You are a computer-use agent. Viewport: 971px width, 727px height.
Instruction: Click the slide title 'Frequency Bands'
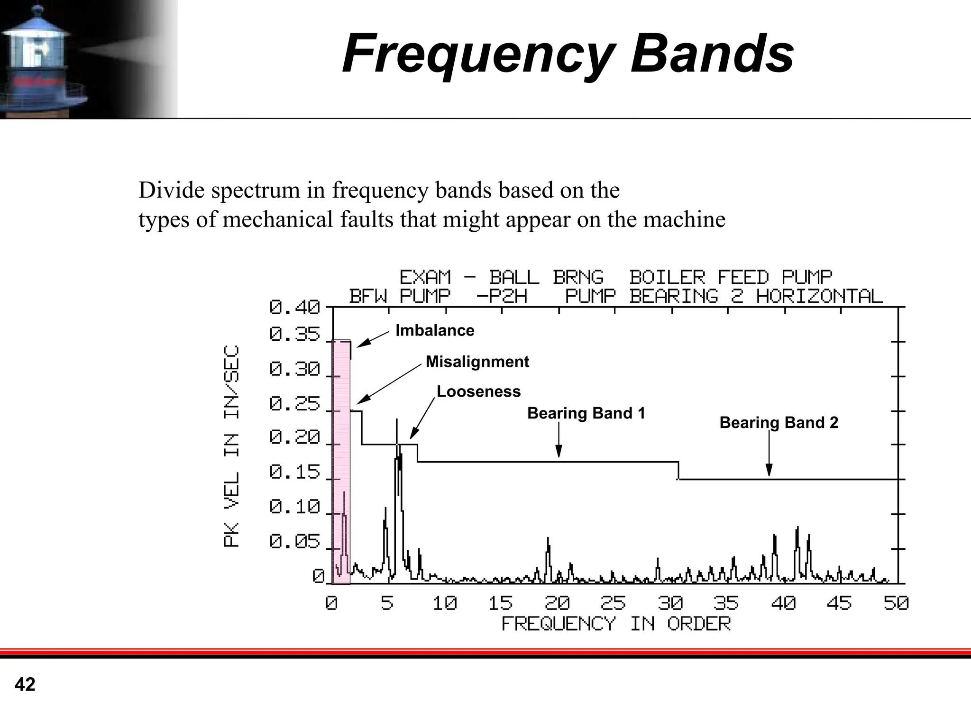click(x=568, y=54)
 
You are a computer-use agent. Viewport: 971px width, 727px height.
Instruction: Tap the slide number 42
click(x=25, y=684)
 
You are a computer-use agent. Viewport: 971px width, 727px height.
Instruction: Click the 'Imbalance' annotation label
click(x=435, y=330)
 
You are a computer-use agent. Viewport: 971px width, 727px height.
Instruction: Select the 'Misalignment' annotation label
click(x=477, y=362)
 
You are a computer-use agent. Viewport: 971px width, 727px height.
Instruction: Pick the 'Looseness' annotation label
click(x=478, y=391)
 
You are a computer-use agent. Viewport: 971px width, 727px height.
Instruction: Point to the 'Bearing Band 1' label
click(x=586, y=413)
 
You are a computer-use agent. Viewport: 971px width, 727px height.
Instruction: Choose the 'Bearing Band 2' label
click(x=779, y=422)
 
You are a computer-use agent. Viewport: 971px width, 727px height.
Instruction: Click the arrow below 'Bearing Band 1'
click(x=559, y=441)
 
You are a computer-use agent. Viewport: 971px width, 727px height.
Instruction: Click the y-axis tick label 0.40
click(x=294, y=308)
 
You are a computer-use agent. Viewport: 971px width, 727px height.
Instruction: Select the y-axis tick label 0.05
click(x=294, y=542)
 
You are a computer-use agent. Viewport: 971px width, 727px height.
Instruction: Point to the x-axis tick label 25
click(x=613, y=603)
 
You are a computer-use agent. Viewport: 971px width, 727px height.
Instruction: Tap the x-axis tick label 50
click(x=896, y=603)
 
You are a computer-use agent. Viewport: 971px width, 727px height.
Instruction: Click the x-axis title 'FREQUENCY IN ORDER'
click(x=616, y=624)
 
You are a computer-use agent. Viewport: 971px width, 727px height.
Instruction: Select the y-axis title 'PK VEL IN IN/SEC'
click(x=231, y=446)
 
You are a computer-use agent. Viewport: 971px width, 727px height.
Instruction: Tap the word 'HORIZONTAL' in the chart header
click(x=819, y=297)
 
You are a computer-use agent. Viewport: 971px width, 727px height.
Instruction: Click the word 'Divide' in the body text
click(x=171, y=191)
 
